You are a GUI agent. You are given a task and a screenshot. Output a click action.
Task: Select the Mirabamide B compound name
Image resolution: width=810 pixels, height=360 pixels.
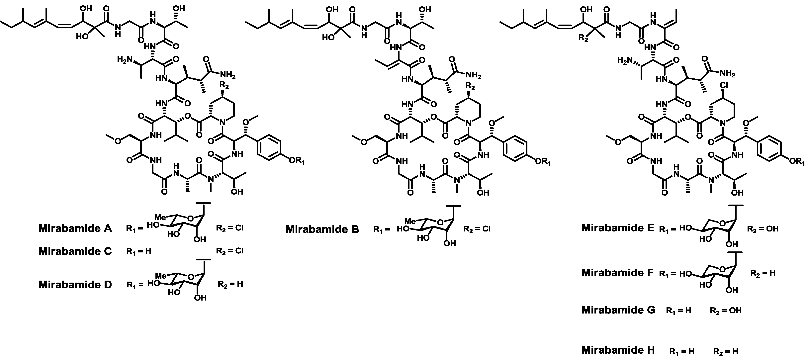tap(322, 229)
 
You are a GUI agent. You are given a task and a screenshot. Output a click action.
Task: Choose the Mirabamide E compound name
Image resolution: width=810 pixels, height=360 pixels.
tap(618, 228)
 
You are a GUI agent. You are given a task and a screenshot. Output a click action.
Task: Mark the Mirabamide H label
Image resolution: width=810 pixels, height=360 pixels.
tap(618, 350)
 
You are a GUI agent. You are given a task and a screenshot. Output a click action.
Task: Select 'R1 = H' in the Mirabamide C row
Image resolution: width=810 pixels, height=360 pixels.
tap(139, 251)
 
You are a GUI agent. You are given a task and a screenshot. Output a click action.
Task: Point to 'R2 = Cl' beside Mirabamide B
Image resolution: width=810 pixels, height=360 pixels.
tap(477, 229)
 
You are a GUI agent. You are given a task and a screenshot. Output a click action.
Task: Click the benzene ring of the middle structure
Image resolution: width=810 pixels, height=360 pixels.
tap(514, 150)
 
